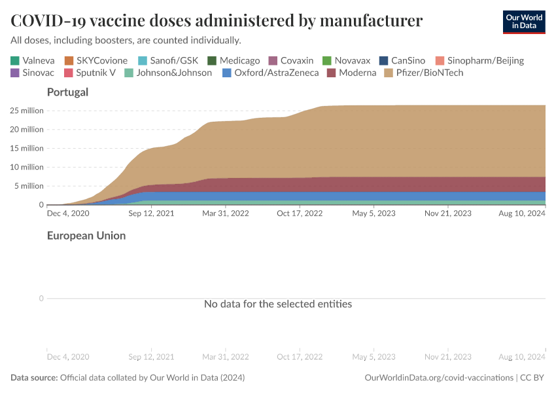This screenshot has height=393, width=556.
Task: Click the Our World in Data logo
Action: click(x=523, y=22)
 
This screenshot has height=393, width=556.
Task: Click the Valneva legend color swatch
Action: click(x=14, y=60)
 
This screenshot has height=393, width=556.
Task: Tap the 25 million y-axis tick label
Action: click(x=27, y=111)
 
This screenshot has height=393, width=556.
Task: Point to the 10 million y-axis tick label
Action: click(x=27, y=167)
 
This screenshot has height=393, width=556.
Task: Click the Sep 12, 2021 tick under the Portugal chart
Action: click(x=152, y=213)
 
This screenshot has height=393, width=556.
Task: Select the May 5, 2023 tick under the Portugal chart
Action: click(x=374, y=213)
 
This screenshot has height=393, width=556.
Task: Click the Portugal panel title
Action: click(x=67, y=92)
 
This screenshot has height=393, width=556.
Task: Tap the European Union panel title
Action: click(x=86, y=235)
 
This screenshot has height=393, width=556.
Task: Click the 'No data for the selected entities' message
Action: click(x=278, y=304)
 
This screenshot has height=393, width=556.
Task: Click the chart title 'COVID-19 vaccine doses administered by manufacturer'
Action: click(x=217, y=21)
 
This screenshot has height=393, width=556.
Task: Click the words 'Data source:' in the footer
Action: click(x=34, y=378)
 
